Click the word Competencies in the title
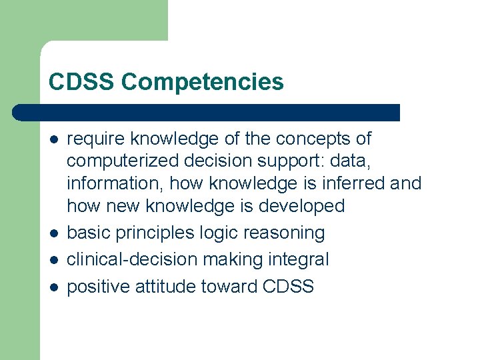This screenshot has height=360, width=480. point(203,82)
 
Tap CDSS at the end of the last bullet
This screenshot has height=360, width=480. point(288,287)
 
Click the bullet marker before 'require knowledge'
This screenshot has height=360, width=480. point(53,139)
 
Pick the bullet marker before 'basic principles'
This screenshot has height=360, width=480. point(53,233)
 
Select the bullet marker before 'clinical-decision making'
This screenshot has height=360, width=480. point(53,260)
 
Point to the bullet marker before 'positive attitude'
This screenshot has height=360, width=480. point(53,287)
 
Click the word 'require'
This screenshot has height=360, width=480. point(97,139)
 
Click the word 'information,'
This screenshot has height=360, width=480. point(111,183)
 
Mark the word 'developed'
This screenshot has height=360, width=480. point(301,205)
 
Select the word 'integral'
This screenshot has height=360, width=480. point(299,259)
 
